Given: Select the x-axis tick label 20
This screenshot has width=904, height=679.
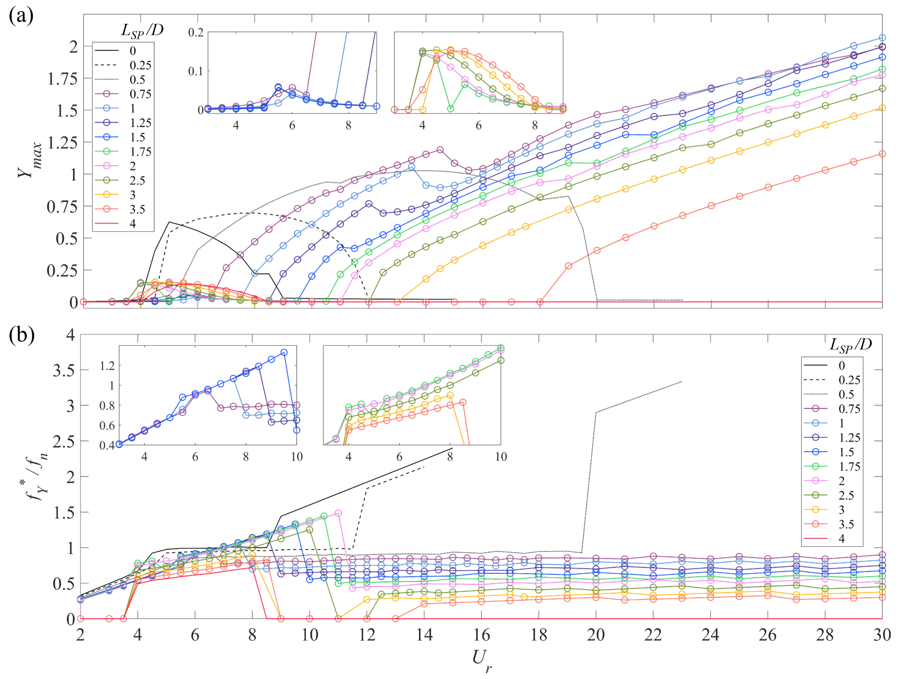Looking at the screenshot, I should coord(596,635).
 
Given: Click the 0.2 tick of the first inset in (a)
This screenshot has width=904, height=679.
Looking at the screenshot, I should coord(196,32).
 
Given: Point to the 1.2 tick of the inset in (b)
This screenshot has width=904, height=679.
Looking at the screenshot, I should coord(107,366).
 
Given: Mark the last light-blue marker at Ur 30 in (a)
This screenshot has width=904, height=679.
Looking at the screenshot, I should coord(882,38).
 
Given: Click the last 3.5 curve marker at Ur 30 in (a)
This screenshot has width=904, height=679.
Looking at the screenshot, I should coord(882,154).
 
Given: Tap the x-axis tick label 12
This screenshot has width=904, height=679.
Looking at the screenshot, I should coord(367,635).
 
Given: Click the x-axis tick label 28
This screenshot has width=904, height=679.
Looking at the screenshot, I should coord(825,635).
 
